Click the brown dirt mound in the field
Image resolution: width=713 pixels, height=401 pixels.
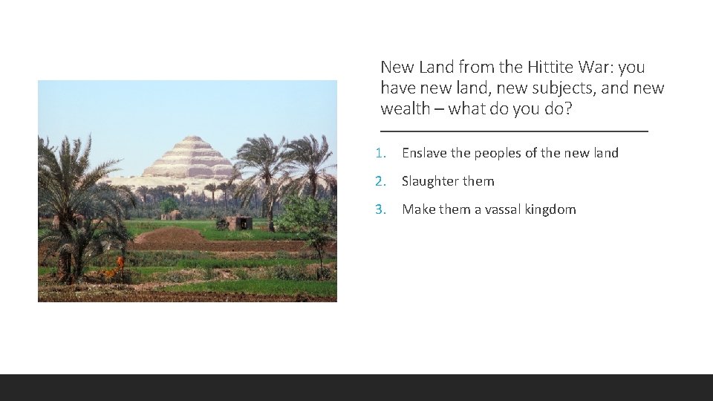pos(169,238)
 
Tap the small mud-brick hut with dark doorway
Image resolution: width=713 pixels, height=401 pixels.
pos(240,223)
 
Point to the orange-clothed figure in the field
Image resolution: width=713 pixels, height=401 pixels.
pos(120,263)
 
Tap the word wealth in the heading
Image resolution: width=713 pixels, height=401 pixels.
pos(405,108)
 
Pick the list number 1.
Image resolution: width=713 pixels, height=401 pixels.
pos(380,153)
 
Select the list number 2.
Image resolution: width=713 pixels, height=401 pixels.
pos(380,181)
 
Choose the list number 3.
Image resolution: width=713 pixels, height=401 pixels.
pos(380,209)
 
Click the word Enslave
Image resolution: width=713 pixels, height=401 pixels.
pos(424,153)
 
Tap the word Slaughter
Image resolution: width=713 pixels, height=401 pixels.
pos(430,181)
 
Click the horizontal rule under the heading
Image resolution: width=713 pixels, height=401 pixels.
pos(514,131)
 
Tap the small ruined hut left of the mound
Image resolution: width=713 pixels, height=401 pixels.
pos(172,215)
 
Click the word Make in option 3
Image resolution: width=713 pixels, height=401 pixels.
pos(418,209)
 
